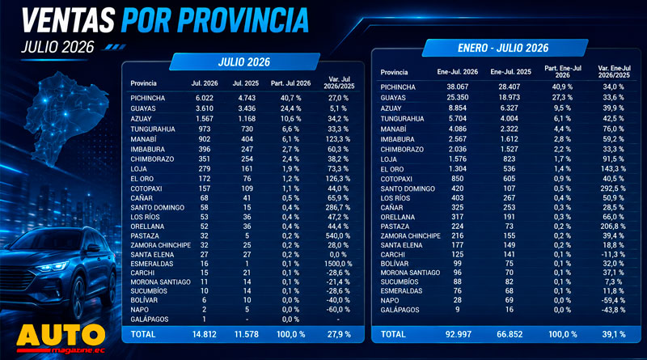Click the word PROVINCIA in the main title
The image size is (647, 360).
[x=243, y=21]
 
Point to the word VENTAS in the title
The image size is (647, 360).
[x=68, y=20]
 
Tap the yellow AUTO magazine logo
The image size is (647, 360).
[x=61, y=338]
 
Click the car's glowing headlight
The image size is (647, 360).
[x=52, y=267]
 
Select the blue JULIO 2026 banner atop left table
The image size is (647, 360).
[x=244, y=62]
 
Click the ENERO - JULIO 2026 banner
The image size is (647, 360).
[x=503, y=48]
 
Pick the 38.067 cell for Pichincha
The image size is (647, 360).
[x=457, y=87]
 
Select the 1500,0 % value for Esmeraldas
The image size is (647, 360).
[x=337, y=264]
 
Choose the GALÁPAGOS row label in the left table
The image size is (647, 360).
[x=150, y=319]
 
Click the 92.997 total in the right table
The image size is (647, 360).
[x=458, y=334]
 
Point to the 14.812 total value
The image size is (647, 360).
[x=205, y=334]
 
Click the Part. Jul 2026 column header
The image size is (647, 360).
[x=290, y=83]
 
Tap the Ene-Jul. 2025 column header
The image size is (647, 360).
[x=510, y=72]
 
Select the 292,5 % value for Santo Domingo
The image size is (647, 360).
[x=614, y=188]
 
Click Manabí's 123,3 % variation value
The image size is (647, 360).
[x=337, y=139]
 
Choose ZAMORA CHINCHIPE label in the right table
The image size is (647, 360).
[x=411, y=235]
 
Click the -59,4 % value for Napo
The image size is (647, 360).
[x=614, y=300]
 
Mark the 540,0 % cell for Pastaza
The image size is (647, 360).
[x=337, y=235]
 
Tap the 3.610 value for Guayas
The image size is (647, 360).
[x=205, y=108]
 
